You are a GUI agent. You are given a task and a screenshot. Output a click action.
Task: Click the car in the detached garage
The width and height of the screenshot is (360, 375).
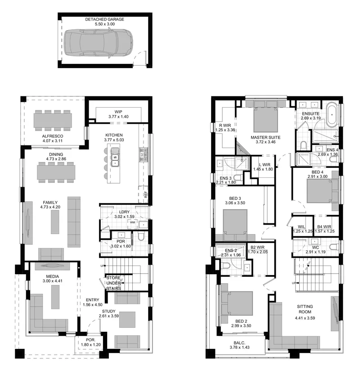98,43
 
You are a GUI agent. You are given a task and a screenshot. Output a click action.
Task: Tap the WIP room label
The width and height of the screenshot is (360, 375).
118,112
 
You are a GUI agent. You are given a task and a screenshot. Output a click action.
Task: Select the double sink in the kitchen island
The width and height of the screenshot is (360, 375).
116,157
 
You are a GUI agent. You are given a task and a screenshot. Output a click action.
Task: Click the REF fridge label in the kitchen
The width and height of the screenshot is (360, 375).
146,194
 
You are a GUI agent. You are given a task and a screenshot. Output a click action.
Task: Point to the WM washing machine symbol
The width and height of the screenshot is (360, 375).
132,222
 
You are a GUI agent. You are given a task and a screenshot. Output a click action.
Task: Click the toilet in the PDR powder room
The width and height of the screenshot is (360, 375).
141,235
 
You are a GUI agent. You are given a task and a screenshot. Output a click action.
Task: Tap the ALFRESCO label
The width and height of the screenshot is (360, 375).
53,136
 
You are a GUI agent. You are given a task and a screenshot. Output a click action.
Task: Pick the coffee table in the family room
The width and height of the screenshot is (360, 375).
55,222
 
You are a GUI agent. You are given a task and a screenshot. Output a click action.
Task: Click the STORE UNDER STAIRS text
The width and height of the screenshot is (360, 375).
113,283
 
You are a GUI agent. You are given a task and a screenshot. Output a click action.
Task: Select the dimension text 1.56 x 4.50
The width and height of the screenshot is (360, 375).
93,305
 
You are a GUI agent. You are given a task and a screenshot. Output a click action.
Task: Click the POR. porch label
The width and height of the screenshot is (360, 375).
91,340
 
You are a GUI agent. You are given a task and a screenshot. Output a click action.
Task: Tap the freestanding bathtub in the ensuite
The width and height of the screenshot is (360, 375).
332,115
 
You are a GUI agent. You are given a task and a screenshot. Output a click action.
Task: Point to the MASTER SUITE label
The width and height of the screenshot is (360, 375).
265,137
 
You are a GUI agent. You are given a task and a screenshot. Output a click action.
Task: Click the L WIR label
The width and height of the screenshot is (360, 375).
265,165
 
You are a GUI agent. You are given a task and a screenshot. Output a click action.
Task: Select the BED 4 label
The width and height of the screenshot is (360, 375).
317,172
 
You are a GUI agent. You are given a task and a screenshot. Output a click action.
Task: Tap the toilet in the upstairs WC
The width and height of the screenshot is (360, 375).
335,246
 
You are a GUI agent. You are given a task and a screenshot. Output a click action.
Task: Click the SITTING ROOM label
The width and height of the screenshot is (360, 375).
305,309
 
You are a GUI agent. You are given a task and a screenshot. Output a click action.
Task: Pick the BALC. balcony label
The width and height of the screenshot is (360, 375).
239,343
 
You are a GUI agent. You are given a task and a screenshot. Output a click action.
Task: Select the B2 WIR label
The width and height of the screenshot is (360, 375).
257,247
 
